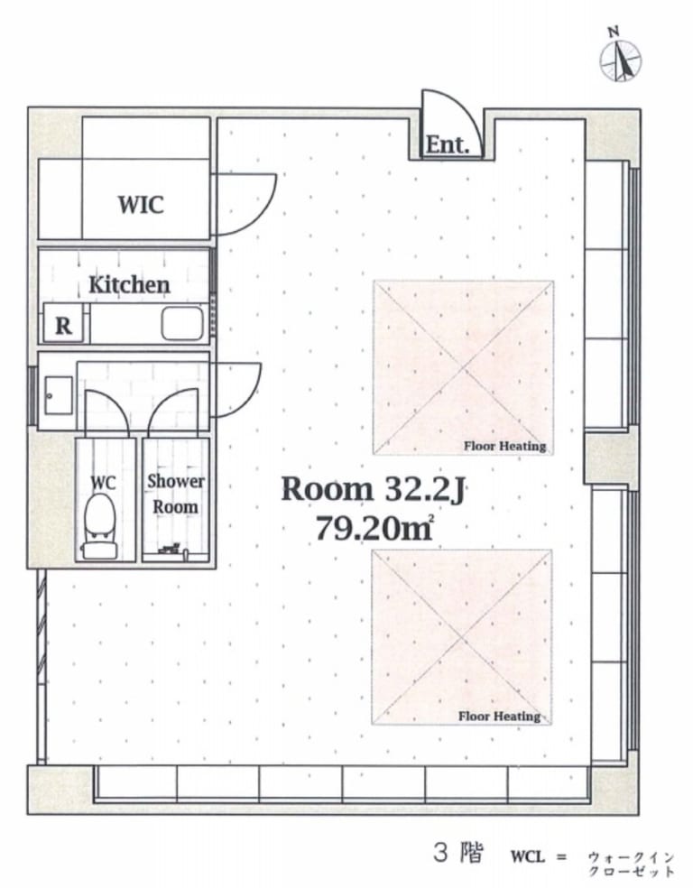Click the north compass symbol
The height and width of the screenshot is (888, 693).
[621, 57]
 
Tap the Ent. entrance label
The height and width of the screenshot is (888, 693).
[448, 144]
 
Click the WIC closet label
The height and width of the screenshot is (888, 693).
[141, 204]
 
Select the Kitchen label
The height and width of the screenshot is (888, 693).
[129, 284]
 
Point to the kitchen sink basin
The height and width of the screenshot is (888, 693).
[182, 323]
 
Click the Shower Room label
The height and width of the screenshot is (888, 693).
[176, 494]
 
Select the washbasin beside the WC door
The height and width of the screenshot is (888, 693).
[59, 395]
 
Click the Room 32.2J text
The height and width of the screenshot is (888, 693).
[373, 489]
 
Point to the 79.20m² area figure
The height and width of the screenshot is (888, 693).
[374, 529]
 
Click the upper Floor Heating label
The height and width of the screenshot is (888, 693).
[505, 447]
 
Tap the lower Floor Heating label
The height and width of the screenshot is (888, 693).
[499, 717]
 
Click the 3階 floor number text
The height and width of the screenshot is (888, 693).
[458, 853]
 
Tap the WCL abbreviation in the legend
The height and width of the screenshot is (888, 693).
[528, 856]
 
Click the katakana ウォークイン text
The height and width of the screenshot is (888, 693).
[631, 856]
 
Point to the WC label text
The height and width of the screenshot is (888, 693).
[103, 483]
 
